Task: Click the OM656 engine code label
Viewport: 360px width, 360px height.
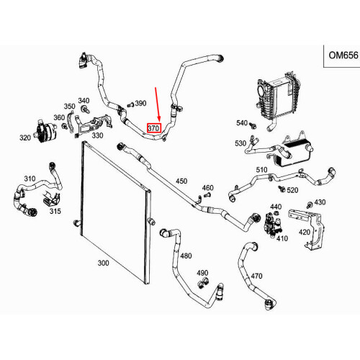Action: pos(343,55)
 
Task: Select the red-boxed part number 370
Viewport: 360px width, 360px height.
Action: pos(153,128)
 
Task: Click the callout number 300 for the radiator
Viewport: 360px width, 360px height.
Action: pos(104,263)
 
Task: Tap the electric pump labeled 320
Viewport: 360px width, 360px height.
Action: pos(45,131)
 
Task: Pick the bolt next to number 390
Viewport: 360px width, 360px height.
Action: pos(130,105)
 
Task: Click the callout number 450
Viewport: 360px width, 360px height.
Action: pos(181,181)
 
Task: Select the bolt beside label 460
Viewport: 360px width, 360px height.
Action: pos(207,195)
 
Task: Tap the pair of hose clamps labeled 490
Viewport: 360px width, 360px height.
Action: pos(203,283)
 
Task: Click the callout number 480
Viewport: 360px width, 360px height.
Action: pos(186,256)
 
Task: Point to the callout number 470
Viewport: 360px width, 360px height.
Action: pos(256,276)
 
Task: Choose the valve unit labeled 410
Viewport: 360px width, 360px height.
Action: pos(272,225)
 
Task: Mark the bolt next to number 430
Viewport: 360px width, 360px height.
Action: pos(310,205)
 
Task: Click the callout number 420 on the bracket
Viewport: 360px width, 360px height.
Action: pos(305,232)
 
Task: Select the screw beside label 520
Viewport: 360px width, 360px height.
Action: pos(282,189)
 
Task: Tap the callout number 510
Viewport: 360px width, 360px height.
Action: pos(261,170)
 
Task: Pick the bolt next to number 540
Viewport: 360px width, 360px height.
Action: pos(253,125)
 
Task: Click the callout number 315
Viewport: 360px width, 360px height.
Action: pos(55,211)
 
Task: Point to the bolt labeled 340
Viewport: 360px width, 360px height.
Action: pos(85,109)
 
